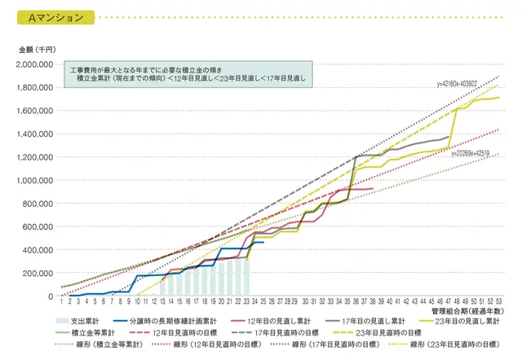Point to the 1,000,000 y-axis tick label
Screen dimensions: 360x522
(x=36, y=180)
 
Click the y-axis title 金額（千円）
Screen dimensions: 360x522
(x=36, y=50)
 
